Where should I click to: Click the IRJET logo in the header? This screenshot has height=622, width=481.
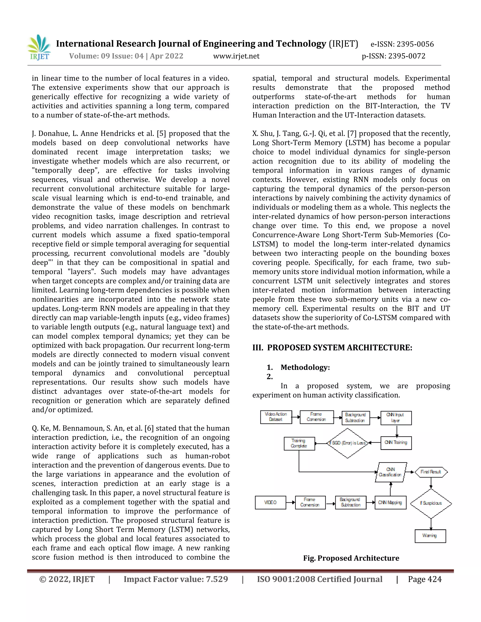(x=39, y=48)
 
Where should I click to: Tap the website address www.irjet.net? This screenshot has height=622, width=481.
(x=236, y=56)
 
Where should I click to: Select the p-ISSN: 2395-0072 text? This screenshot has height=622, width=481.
(x=393, y=56)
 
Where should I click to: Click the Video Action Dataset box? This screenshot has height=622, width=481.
(x=276, y=417)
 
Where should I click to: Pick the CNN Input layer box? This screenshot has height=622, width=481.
(x=396, y=418)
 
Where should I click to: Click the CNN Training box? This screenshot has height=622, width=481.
(x=396, y=443)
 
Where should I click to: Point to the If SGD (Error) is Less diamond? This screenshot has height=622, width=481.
(x=347, y=443)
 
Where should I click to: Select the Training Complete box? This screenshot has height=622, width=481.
(x=299, y=443)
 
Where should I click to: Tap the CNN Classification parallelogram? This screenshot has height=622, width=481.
(x=390, y=472)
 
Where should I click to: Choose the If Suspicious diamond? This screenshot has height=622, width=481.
(x=431, y=503)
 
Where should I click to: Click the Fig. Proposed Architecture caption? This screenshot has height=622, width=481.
(x=351, y=558)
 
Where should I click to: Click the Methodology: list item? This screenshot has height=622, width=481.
(x=305, y=367)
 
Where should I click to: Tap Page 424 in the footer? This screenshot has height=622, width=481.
(x=425, y=579)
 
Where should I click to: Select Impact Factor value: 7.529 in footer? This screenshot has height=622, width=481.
(x=176, y=579)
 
